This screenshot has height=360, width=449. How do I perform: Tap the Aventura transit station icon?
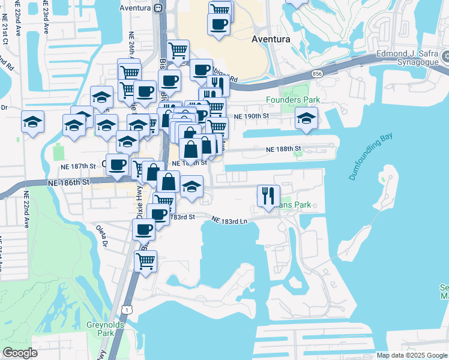pos(158,8)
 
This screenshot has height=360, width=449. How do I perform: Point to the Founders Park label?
pos(292,100)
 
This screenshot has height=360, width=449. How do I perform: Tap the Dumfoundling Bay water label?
pos(368,158)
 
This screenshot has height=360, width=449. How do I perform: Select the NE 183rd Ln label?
pos(230,221)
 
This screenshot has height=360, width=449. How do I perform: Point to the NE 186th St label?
pos(71,181)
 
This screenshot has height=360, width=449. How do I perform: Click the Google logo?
pos(20,353)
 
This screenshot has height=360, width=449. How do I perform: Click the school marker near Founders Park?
pos(306,118)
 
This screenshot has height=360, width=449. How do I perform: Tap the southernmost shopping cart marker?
pos(145,261)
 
